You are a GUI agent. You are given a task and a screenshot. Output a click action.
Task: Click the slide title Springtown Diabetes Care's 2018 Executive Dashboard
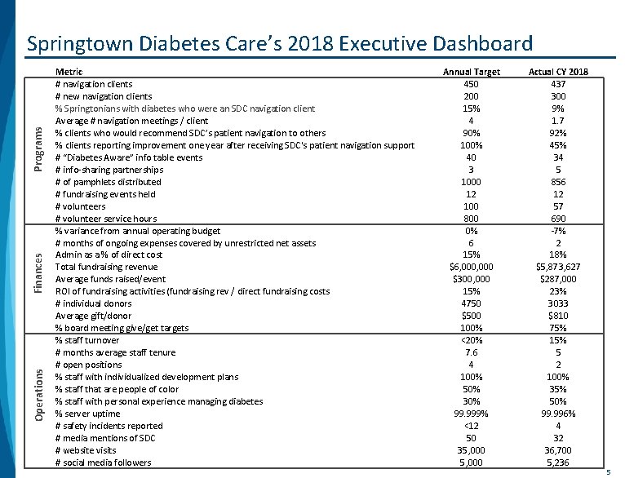coord(279,43)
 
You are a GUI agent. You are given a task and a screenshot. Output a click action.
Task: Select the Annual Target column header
coord(471,72)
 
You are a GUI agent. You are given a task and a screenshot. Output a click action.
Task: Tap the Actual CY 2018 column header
coord(558,72)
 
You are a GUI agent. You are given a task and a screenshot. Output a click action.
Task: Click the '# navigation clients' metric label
coord(93,84)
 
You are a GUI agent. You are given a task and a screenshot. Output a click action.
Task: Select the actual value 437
coord(558,84)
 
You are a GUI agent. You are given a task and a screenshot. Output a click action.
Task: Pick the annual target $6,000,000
coord(471,267)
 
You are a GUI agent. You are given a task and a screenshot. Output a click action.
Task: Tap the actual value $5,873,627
coord(558,267)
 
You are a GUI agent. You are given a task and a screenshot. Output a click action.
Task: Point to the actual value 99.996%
coord(558,414)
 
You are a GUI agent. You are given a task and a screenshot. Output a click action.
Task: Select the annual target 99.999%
coord(471,414)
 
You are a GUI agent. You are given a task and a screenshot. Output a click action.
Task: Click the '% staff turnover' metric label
coord(86,340)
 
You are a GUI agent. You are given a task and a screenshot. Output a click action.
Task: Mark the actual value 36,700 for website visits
coord(558,450)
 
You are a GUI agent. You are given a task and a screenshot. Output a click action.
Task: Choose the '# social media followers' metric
coord(103,463)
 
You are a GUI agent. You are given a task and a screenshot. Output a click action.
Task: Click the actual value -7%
coord(558,231)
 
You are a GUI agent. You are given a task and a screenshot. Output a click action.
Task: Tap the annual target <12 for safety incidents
coord(471,426)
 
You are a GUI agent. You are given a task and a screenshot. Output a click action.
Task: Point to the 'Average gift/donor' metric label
coord(93,316)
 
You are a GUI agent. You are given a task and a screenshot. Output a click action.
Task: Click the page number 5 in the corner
coord(608,471)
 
